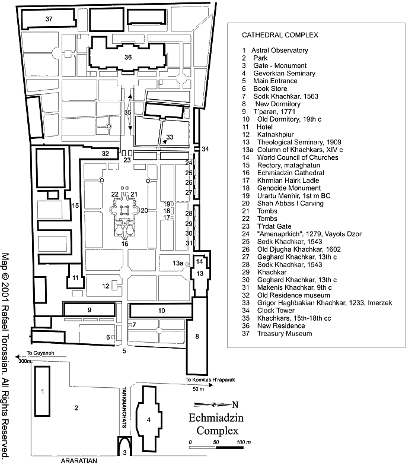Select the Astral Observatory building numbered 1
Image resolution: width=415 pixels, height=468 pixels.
42,391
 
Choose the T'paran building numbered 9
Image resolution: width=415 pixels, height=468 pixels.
88,309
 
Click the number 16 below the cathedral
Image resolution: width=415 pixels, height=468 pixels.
125,244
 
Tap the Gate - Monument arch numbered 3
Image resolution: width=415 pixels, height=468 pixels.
124,449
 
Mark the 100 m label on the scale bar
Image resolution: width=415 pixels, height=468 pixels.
243,442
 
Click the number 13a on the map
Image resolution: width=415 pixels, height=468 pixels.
177,263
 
